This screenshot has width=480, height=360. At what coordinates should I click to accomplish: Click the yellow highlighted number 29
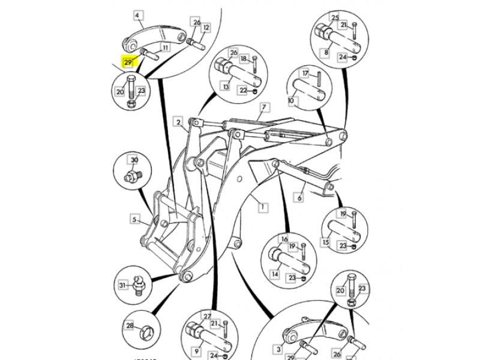pyautogui.click(x=128, y=62)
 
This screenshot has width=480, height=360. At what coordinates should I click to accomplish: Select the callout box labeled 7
pyautogui.click(x=263, y=108)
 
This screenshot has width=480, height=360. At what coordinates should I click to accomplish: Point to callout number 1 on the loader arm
pyautogui.click(x=262, y=208)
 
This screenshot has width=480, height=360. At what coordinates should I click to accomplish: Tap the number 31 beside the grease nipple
pyautogui.click(x=122, y=285)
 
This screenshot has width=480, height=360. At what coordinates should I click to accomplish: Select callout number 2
pyautogui.click(x=179, y=122)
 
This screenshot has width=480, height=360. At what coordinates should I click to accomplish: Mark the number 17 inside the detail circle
pyautogui.click(x=305, y=73)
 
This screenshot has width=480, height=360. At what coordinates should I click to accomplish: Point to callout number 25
pyautogui.click(x=335, y=17)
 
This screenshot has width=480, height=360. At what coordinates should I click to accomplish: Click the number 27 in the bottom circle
pyautogui.click(x=208, y=316)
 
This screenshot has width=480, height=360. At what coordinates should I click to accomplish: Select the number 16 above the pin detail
pyautogui.click(x=284, y=239)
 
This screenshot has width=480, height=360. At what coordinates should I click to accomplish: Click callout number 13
pyautogui.click(x=226, y=87)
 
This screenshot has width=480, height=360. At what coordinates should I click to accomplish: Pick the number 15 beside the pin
pyautogui.click(x=326, y=242)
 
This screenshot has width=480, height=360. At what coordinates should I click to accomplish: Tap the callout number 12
pyautogui.click(x=206, y=28)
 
